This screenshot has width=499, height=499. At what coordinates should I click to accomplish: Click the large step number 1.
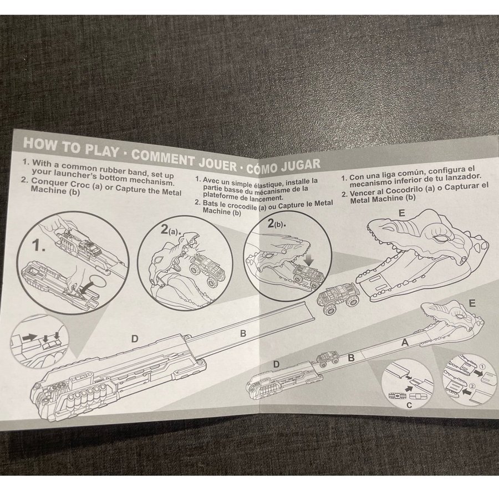38,246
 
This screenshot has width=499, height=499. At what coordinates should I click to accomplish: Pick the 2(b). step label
277,224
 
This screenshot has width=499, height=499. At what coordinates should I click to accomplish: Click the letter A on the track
405,343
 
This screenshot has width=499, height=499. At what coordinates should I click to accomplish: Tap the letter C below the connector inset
409,405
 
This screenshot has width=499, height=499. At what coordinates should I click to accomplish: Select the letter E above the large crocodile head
402,213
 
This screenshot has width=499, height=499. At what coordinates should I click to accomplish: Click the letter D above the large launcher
135,339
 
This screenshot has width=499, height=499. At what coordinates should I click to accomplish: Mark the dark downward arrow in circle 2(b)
309,260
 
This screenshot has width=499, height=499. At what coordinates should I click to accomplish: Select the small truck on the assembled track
327,358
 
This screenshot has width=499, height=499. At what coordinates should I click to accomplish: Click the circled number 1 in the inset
482,366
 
